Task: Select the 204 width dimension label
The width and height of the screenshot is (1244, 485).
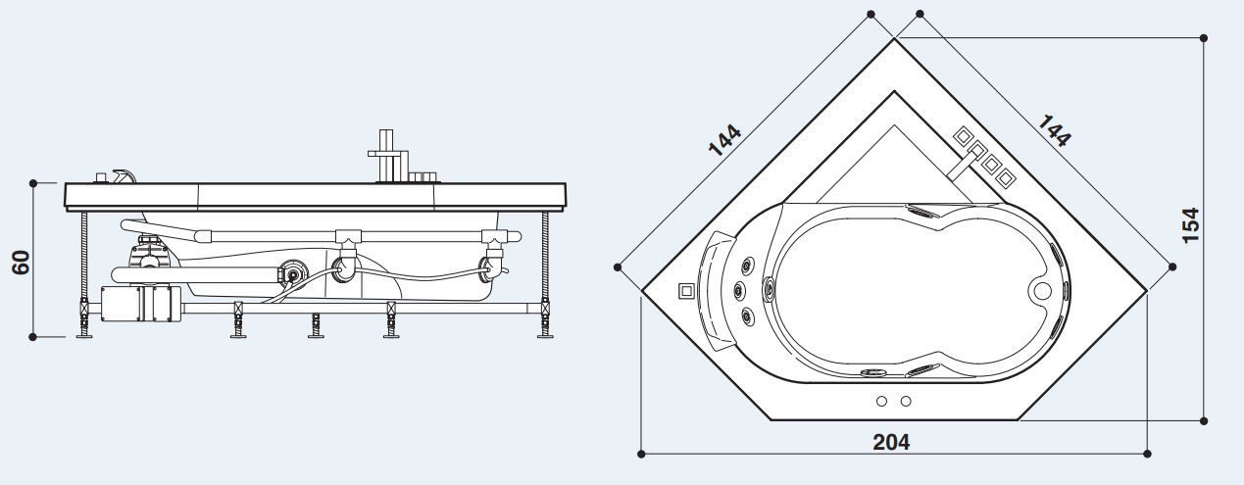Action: [x=891, y=442]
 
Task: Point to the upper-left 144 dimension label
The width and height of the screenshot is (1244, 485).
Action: [x=724, y=140]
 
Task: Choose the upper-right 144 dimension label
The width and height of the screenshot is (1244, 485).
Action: [x=1054, y=130]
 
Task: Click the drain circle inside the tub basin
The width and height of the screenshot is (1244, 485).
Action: [x=1042, y=290]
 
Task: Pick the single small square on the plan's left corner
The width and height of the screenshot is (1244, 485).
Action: [x=686, y=290]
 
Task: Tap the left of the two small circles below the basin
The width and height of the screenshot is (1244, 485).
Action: [x=881, y=401]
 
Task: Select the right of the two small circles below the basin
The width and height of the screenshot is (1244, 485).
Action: [x=905, y=401]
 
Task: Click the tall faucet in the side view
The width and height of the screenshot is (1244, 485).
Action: [x=387, y=155]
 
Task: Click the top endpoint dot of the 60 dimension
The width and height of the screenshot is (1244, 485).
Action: [x=33, y=182]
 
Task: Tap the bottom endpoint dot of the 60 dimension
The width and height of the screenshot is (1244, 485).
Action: [x=33, y=336]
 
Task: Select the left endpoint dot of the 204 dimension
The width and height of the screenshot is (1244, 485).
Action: [x=641, y=454]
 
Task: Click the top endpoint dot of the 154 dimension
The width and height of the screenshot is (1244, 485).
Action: [x=1205, y=39]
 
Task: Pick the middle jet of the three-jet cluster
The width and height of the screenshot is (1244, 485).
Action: [x=738, y=289]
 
